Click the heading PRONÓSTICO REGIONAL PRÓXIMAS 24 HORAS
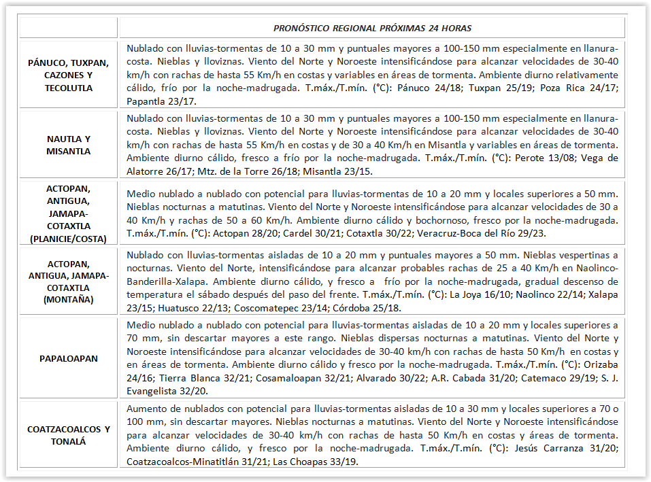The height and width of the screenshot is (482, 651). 372,29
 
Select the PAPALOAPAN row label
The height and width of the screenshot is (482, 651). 69,358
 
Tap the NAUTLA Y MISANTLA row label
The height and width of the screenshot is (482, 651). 69,145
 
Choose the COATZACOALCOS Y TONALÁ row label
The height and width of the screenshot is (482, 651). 69,435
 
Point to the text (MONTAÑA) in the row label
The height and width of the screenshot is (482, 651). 69,298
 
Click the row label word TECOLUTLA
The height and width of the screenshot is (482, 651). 69,88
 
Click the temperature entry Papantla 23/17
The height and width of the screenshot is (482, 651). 161,101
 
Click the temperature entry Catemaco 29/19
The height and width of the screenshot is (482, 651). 522,378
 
